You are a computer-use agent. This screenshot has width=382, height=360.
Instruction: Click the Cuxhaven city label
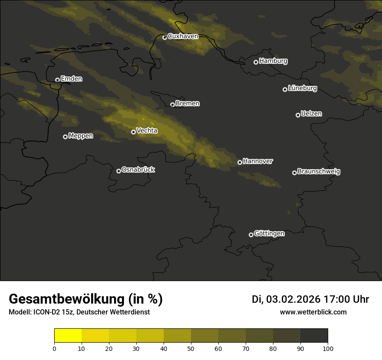pos(183,36)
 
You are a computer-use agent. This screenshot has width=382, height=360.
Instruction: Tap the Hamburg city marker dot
pos(256,62)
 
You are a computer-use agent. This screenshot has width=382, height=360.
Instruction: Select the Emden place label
pos(71,79)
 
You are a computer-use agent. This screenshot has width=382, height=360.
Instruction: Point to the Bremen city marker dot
pos(172,105)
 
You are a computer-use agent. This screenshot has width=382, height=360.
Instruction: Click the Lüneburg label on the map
pos(302,88)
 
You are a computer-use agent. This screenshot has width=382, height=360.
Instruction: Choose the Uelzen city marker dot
pos(298,115)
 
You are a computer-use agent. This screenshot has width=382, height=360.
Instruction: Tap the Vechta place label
pos(147,131)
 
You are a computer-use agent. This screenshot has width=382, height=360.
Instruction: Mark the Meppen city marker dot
pos(65,137)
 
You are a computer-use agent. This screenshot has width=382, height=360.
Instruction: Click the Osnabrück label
pos(138,170)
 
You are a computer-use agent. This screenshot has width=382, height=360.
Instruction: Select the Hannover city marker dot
pos(240,162)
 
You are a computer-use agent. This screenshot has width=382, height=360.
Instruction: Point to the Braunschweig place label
pos(319,172)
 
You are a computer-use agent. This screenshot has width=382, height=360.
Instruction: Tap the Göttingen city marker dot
pos(251,235)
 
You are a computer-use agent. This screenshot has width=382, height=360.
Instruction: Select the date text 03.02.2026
pos(293,299)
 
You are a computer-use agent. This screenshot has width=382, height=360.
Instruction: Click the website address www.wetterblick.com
pos(313,312)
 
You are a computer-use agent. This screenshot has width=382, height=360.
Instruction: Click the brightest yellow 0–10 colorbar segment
pos(68,336)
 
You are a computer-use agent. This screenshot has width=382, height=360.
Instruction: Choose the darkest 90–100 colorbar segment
pos(314,336)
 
